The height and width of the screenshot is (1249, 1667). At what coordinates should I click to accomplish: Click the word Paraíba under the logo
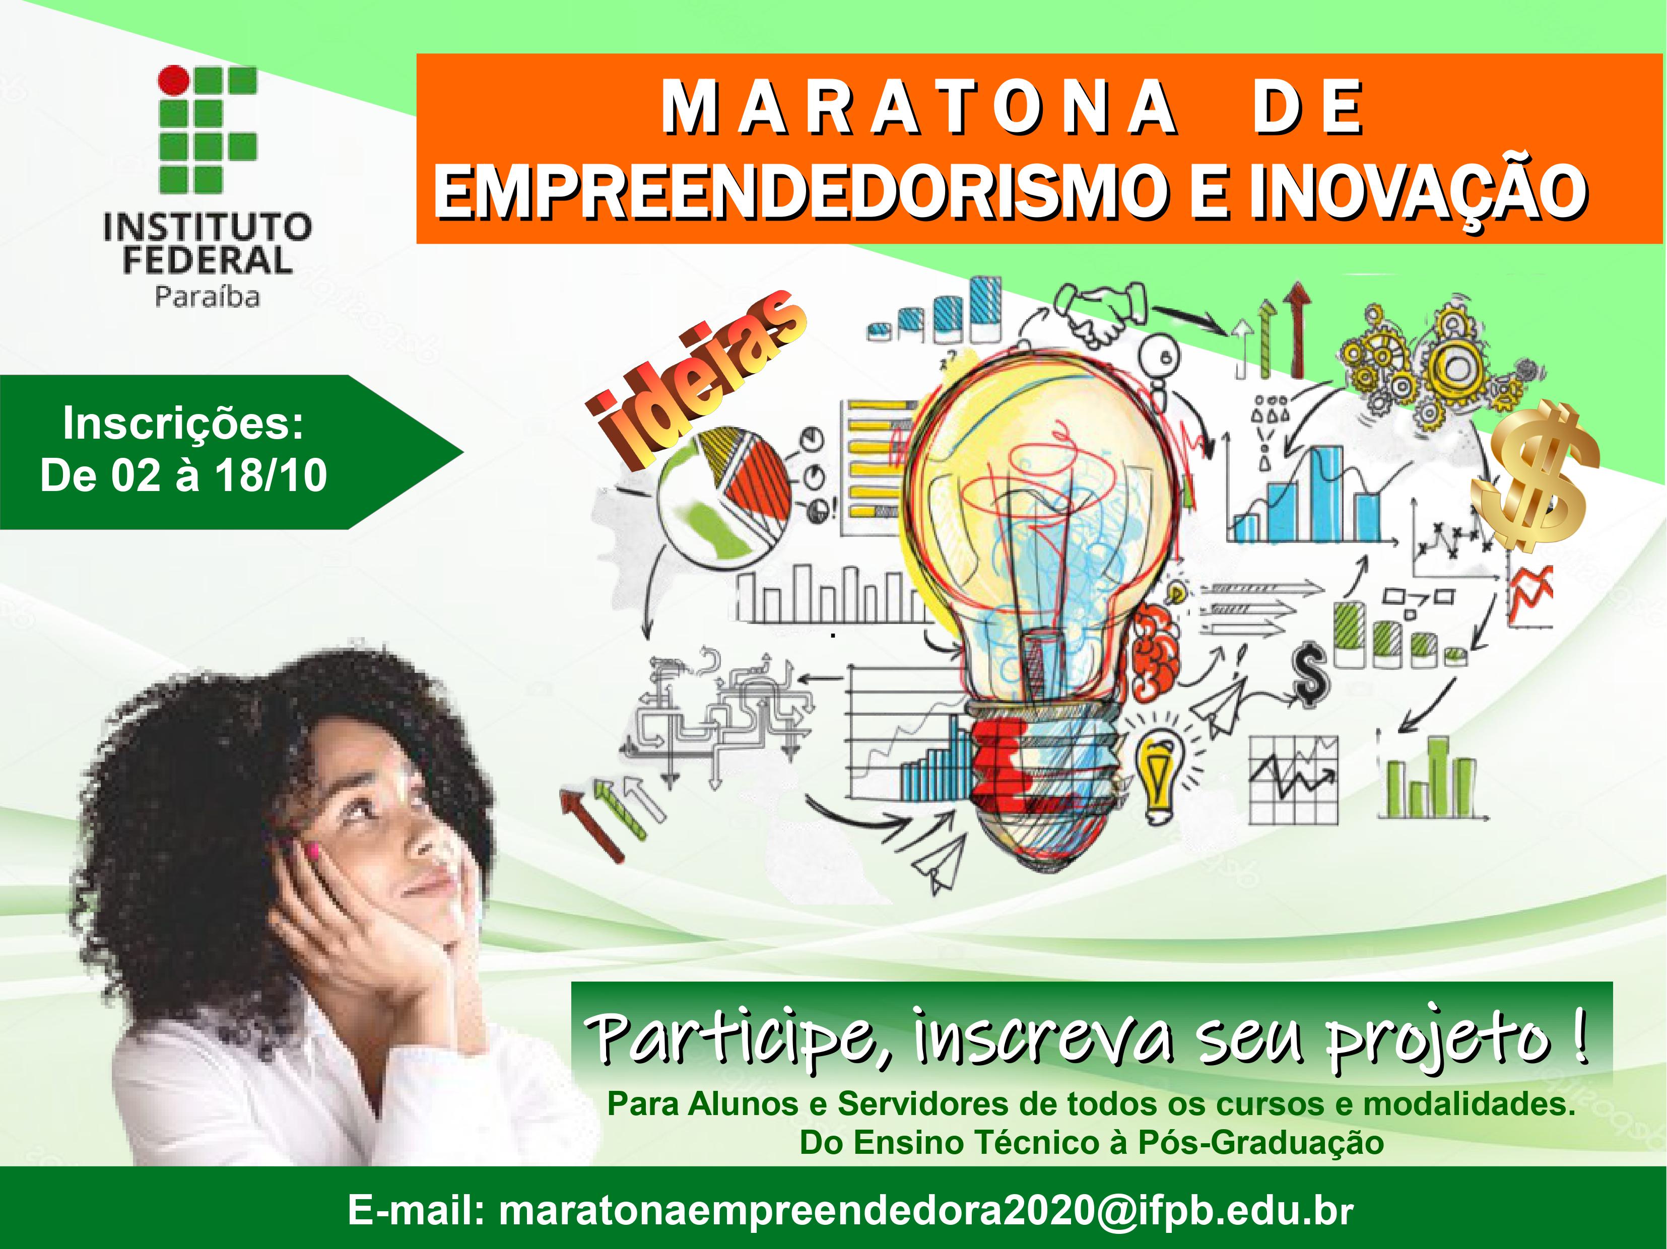[x=207, y=296]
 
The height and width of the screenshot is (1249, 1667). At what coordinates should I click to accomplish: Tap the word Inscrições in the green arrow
[x=183, y=424]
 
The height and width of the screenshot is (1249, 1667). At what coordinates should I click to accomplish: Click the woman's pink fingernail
[x=311, y=852]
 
